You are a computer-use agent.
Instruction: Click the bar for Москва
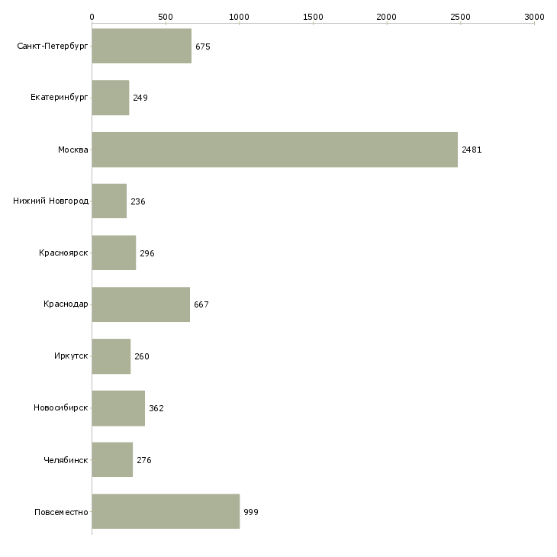275,150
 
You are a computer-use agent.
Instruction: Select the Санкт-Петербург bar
142,46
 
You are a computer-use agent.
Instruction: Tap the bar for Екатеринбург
111,98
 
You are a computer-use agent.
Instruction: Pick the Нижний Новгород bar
109,201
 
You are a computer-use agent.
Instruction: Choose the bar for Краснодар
141,304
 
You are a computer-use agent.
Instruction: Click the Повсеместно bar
166,511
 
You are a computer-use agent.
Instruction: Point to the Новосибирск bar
118,408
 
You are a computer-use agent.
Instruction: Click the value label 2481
472,150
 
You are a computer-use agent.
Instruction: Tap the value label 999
251,512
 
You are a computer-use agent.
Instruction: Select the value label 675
203,47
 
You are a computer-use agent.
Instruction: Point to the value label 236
138,201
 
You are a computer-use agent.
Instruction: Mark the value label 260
142,356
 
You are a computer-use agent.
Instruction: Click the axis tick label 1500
313,17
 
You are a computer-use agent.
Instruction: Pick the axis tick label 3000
534,17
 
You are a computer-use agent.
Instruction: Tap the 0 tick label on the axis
92,17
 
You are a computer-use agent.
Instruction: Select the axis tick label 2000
387,17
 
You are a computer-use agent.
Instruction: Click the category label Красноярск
63,253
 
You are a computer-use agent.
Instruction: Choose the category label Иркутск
71,356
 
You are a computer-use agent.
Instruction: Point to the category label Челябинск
66,460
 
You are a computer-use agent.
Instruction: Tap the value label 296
147,253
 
